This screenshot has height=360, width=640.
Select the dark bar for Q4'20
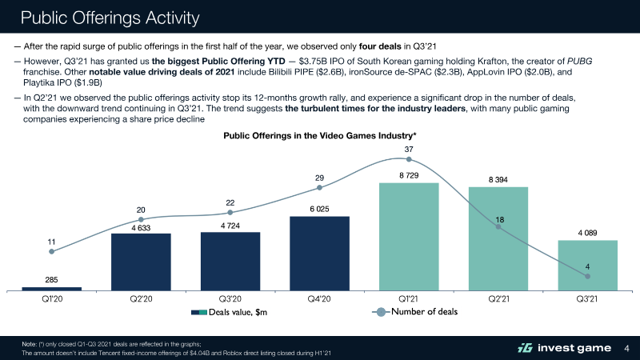(319, 253)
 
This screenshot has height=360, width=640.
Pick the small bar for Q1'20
(51, 288)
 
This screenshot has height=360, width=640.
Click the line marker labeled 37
(409, 158)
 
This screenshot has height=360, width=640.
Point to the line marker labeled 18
(498, 227)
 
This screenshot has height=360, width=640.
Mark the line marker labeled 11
(51, 251)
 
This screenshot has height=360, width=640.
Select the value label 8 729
(409, 175)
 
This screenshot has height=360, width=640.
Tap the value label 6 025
(319, 209)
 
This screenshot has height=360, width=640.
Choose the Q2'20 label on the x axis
(141, 298)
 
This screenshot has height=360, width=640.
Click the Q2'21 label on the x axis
(498, 298)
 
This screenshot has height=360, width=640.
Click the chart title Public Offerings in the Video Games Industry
(319, 136)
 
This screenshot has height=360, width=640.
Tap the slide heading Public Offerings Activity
(110, 17)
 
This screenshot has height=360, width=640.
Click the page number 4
(626, 347)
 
